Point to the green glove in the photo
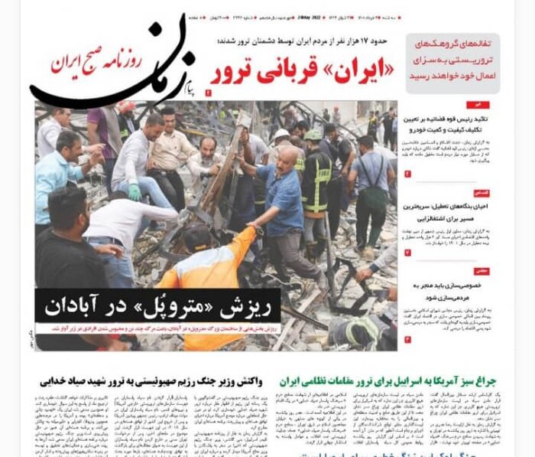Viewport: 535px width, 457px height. pos(135,191)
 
